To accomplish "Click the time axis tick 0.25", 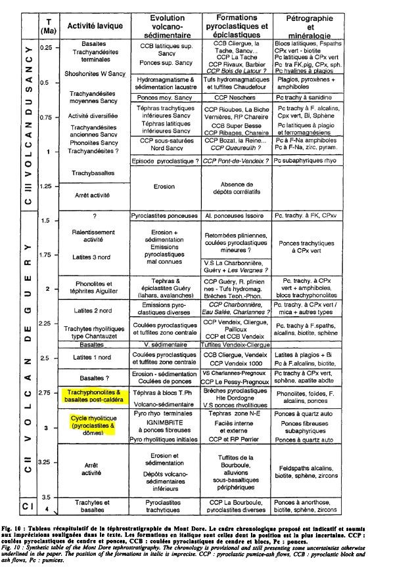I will pos(47,48).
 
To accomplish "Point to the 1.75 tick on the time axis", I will pos(46,255).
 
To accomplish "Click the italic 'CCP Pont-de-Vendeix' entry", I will pos(234,160).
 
